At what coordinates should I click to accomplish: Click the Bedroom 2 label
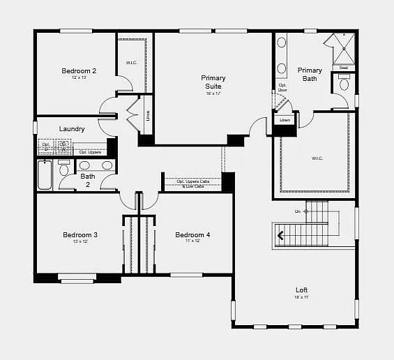click(79, 70)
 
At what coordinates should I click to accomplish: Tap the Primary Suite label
click(213, 82)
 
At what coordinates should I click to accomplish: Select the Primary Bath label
click(310, 74)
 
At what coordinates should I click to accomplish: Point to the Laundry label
click(72, 129)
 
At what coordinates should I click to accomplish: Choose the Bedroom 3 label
click(79, 235)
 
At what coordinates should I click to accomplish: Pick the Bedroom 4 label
click(192, 235)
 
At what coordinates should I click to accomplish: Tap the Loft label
click(301, 290)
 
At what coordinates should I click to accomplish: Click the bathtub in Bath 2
click(45, 174)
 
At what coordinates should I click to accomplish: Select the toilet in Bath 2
click(64, 168)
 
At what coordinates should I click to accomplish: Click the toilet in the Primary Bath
click(344, 84)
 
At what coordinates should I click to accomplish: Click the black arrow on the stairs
click(280, 235)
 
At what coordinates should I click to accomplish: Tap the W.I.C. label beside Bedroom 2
click(131, 63)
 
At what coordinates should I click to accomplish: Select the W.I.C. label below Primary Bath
click(317, 158)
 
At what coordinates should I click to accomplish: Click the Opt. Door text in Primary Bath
click(282, 87)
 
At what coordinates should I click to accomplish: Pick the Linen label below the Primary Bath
click(285, 120)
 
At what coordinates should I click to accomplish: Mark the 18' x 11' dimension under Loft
click(301, 297)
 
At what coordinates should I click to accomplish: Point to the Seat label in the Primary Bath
click(343, 68)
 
